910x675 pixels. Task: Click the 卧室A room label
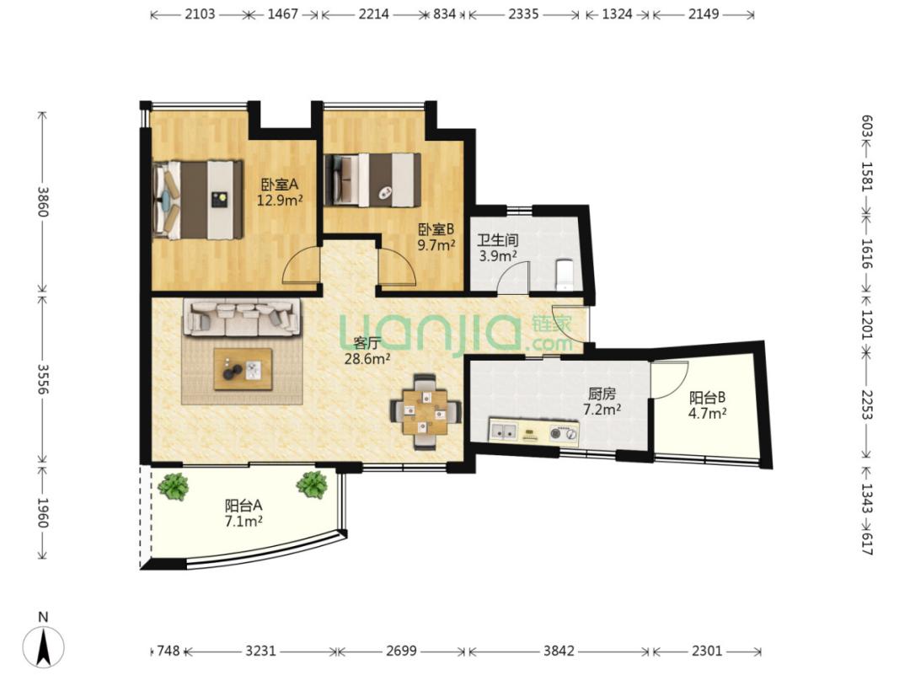pos(280,185)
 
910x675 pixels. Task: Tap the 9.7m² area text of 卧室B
pos(436,245)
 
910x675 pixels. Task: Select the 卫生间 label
pos(497,239)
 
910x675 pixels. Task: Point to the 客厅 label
pos(367,343)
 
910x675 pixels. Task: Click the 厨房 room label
pos(601,394)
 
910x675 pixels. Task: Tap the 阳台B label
pos(708,398)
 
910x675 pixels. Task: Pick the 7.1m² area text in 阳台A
pos(244,521)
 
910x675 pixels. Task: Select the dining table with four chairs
pos(426,412)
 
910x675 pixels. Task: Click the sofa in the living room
pos(243,317)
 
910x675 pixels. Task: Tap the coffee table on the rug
pos(244,369)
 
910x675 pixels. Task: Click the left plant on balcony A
pos(174,486)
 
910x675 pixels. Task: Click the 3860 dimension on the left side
pos(42,201)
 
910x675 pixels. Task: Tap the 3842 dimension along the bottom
pos(559,651)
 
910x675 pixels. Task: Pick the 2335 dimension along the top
pos(523,14)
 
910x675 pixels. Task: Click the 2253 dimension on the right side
pos(866,404)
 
